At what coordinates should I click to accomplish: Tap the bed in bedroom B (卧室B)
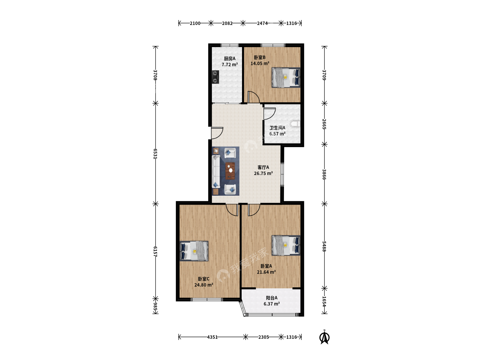(286, 78)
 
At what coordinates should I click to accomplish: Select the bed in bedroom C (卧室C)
(194, 251)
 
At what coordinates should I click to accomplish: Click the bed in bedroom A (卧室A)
(286, 245)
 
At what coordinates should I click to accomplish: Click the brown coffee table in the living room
(230, 171)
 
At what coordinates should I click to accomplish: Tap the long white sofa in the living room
(216, 172)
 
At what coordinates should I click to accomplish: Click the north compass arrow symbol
(325, 337)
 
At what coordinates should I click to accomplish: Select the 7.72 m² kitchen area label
(230, 65)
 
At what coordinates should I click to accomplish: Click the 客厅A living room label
(263, 167)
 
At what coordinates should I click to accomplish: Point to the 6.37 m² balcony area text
(272, 304)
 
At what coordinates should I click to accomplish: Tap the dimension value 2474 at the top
(262, 23)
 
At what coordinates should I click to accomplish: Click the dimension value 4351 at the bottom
(212, 337)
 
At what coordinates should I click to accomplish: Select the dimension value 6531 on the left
(155, 154)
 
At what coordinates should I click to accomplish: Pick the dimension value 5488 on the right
(324, 246)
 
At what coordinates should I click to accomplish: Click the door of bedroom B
(253, 97)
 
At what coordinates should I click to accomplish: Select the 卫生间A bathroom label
(277, 128)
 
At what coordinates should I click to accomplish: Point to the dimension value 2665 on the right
(324, 124)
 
